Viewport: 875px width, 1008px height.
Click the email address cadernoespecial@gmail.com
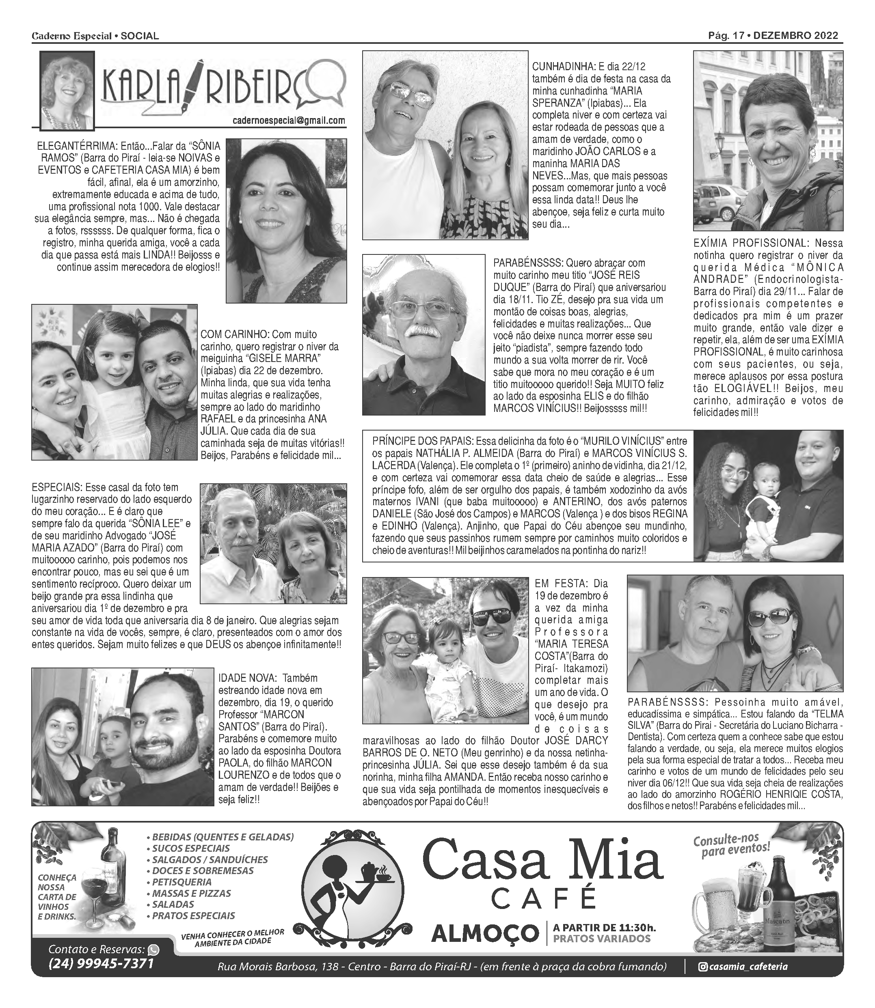[289, 121]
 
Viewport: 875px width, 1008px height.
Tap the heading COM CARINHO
[234, 335]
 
